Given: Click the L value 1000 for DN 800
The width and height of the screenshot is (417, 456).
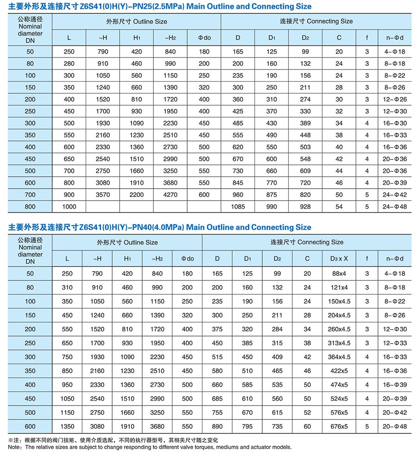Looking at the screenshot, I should (69, 207).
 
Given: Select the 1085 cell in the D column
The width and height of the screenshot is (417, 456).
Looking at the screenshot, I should (238, 207).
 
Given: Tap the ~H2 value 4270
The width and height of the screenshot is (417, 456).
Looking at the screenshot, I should (170, 195).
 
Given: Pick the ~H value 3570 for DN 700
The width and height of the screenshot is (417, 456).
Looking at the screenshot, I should (103, 195).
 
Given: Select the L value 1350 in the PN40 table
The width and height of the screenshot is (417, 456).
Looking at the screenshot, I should (67, 427).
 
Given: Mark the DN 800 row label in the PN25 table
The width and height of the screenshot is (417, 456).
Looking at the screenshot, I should (30, 207).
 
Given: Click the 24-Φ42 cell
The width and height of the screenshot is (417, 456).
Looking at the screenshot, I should (395, 195).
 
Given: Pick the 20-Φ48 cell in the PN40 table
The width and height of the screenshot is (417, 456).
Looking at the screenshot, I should (395, 427).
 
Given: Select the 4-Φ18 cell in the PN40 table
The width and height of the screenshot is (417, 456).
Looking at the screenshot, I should (395, 274).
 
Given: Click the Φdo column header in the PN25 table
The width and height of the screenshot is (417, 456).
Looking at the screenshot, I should (204, 38).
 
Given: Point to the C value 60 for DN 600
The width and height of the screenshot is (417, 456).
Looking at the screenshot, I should (307, 427).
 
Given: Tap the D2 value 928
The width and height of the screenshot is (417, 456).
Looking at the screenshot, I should (305, 207).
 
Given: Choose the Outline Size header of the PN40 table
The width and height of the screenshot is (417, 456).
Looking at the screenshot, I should (127, 242).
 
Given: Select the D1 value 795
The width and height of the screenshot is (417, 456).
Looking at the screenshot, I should (247, 427).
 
